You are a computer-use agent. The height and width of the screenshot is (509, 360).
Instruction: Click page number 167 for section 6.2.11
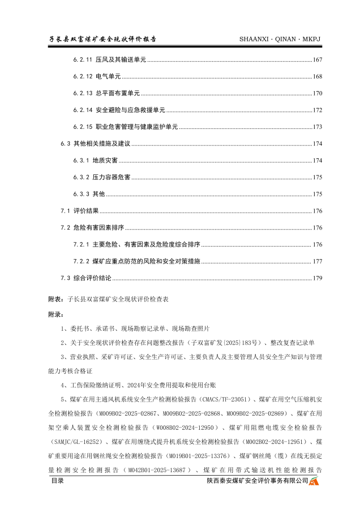click(317, 60)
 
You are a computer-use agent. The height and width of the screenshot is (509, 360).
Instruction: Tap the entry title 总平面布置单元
click(118, 93)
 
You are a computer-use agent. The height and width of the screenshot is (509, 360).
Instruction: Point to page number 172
click(317, 110)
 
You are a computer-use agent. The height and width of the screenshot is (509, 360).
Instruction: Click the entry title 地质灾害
click(105, 161)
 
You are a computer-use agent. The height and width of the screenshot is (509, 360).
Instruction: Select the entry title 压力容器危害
click(112, 178)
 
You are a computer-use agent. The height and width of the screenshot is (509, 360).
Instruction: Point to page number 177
click(317, 261)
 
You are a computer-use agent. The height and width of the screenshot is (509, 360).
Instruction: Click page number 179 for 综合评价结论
click(317, 278)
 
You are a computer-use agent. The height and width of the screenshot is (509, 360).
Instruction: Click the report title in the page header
click(102, 39)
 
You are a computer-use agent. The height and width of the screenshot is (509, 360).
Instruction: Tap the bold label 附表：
click(57, 299)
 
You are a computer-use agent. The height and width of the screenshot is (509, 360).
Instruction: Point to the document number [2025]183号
click(244, 343)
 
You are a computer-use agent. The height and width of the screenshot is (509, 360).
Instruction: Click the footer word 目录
click(57, 481)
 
